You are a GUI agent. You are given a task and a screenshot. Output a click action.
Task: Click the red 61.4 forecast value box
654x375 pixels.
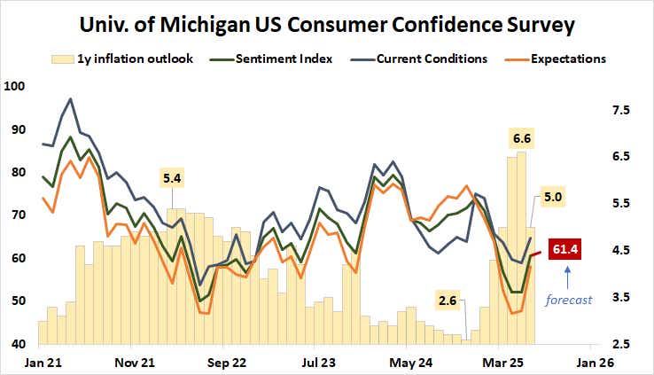[564, 250]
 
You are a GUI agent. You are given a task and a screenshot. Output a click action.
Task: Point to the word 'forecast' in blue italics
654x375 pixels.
[567, 300]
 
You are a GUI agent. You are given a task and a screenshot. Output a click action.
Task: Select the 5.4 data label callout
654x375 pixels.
[171, 178]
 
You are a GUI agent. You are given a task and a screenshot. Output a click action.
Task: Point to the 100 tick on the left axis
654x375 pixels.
[15, 87]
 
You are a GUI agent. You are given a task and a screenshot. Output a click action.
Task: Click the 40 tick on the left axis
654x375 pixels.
[19, 344]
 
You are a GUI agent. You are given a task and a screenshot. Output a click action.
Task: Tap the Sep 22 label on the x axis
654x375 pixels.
[225, 363]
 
